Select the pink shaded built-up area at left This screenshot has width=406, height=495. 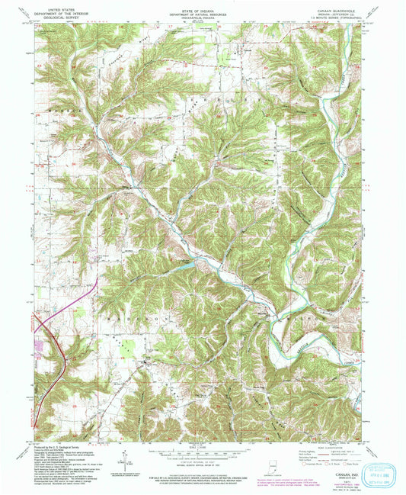click(39, 347)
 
